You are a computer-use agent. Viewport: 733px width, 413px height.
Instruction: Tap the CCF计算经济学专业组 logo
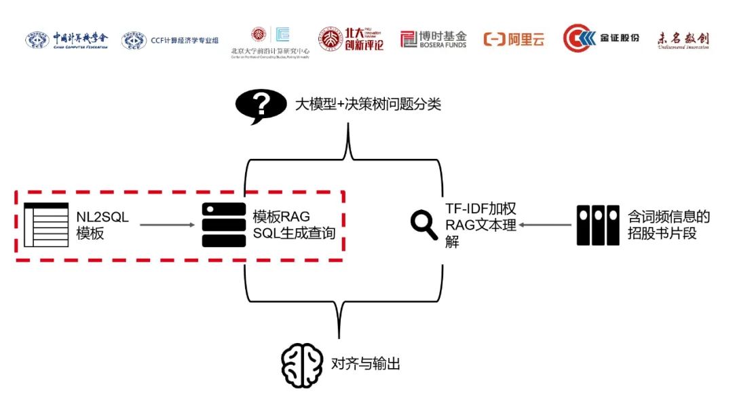tap(170, 41)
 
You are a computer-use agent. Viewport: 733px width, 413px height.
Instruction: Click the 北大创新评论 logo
tap(352, 39)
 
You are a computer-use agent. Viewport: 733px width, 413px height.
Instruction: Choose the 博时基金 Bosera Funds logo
tap(434, 39)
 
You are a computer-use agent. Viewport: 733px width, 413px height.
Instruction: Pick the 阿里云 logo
tap(514, 39)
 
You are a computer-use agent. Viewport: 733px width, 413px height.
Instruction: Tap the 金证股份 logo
tap(601, 39)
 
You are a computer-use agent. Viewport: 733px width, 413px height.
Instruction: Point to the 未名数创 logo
tap(683, 40)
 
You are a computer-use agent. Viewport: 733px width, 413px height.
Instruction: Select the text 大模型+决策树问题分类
tap(367, 105)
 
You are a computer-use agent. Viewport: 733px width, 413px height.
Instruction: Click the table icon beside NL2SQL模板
tap(45, 225)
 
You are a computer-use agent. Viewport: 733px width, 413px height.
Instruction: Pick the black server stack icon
tap(224, 225)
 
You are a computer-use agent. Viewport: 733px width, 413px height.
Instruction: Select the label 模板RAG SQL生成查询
tap(294, 225)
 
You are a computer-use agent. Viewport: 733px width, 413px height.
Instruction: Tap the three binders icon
tap(598, 225)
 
